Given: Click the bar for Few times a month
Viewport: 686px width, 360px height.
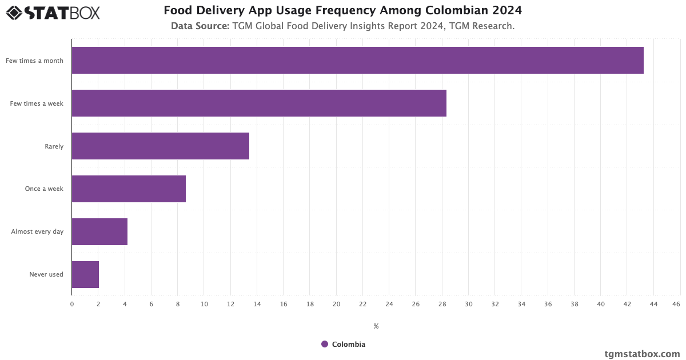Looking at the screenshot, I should tap(357, 60).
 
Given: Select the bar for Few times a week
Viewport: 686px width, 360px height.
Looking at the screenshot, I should tap(259, 103).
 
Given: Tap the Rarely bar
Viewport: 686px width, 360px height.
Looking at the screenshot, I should tap(160, 146).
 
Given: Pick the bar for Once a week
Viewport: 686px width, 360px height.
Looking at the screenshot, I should tap(129, 189).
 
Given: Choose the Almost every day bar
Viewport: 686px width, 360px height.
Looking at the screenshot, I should tap(99, 231).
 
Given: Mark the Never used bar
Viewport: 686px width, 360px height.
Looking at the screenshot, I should tap(85, 274).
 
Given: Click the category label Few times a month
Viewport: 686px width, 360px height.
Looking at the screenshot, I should tap(35, 61).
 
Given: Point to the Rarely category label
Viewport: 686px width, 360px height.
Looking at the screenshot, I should tap(54, 146).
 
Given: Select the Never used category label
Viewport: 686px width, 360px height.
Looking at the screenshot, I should tap(46, 275).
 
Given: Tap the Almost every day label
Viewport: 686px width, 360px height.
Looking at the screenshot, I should tap(37, 232).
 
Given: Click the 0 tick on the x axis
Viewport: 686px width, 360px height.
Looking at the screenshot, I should tap(72, 305).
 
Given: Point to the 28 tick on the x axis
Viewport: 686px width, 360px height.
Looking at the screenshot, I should tap(442, 305).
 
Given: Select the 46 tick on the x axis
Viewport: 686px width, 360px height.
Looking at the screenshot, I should tap(676, 305).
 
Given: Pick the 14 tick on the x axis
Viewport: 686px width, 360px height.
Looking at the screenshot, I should tap(257, 305).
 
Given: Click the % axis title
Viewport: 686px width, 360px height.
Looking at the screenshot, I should tap(376, 326).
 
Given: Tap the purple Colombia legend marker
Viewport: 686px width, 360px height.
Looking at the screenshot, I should tap(325, 344).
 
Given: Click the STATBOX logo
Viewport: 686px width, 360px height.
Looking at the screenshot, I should tap(53, 12).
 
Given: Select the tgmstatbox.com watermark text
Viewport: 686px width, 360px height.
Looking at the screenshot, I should tap(642, 354).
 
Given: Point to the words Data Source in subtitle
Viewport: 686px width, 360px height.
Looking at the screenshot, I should tap(200, 26).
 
